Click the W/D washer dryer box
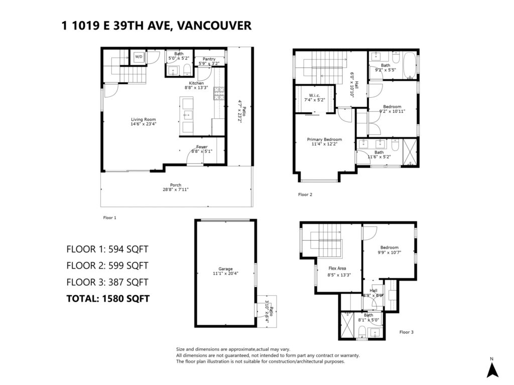click(139, 57)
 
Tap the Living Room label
click(143, 119)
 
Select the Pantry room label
click(209, 59)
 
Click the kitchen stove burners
click(219, 93)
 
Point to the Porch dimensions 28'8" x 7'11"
click(175, 189)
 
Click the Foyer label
click(202, 147)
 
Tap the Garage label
click(225, 269)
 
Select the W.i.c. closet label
click(314, 96)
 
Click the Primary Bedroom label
click(324, 139)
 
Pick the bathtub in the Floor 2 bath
click(409, 65)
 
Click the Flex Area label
click(337, 268)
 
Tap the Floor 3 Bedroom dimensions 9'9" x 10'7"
click(390, 253)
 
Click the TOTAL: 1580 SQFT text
click(108, 299)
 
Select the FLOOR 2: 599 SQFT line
click(107, 266)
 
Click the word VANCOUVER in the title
click(214, 26)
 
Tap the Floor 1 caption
click(109, 218)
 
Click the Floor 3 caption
click(406, 332)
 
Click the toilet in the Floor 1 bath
click(187, 70)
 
